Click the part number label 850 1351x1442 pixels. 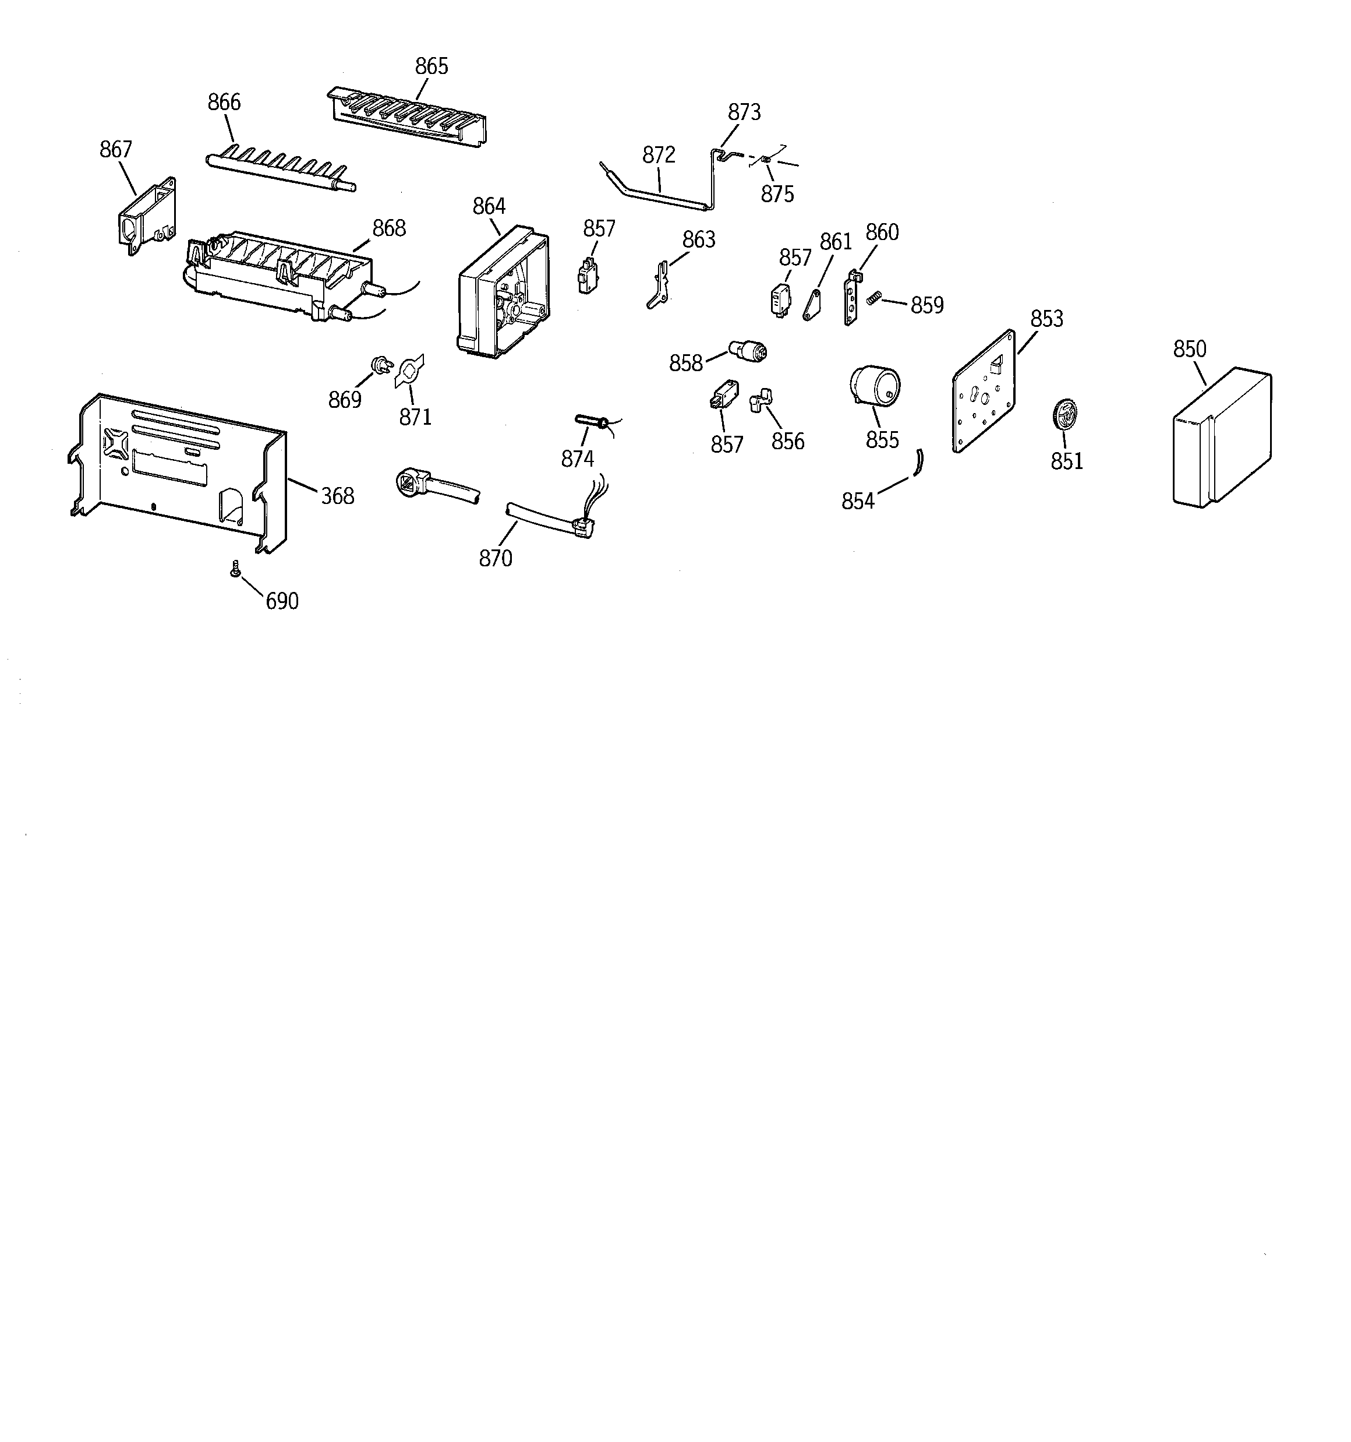1189,349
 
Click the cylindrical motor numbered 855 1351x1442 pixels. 875,385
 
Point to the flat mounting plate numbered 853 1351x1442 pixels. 982,392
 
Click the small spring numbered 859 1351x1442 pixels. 875,297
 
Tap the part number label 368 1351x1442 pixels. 337,496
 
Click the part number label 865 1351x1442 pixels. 432,67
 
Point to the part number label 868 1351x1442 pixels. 388,228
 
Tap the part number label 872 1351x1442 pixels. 659,154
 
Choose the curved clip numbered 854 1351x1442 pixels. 918,462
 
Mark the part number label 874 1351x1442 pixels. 577,459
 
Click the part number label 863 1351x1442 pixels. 698,239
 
